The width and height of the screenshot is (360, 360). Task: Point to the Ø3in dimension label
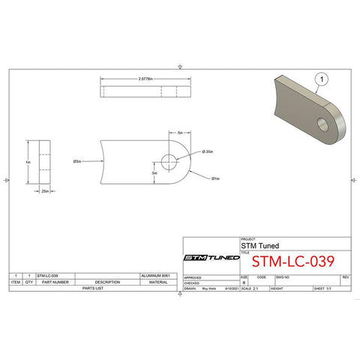click(77, 160)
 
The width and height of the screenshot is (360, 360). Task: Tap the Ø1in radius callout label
click(215, 178)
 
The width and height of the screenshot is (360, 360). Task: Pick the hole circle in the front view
click(169, 160)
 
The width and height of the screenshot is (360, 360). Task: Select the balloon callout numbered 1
click(323, 77)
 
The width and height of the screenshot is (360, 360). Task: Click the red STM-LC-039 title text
click(292, 262)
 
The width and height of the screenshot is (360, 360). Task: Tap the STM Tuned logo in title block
click(212, 258)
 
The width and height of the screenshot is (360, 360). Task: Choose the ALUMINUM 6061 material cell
click(158, 276)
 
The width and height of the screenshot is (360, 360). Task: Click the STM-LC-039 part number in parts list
click(47, 276)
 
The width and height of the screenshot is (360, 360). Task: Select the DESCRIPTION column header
click(108, 282)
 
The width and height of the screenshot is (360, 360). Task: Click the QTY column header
click(29, 282)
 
